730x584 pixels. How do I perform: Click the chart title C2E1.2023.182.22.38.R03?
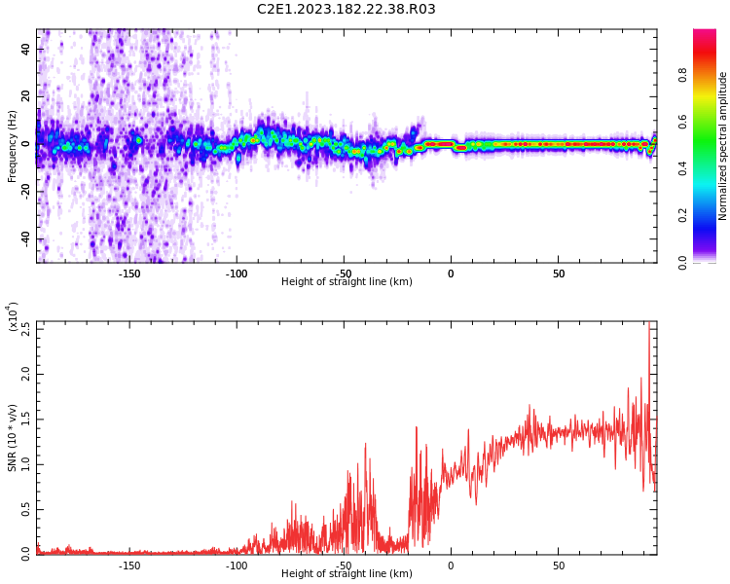[347, 10]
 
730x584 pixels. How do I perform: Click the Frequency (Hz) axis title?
[13, 145]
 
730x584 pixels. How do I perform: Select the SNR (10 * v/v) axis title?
[13, 437]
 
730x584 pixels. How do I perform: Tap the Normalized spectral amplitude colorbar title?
[723, 145]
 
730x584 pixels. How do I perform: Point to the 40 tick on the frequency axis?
[25, 49]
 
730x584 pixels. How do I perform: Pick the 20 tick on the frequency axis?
[25, 96]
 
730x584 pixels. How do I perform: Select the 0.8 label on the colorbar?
[683, 74]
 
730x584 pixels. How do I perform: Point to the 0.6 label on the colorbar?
[683, 121]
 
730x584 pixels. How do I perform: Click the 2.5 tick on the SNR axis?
[25, 328]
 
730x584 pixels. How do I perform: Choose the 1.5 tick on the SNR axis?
[25, 420]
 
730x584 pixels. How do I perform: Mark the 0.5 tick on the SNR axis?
[25, 509]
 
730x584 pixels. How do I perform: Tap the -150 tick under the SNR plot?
[129, 566]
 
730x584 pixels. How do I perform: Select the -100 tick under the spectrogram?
[237, 274]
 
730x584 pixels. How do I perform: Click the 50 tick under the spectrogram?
[559, 274]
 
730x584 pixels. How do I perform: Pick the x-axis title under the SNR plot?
[347, 574]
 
